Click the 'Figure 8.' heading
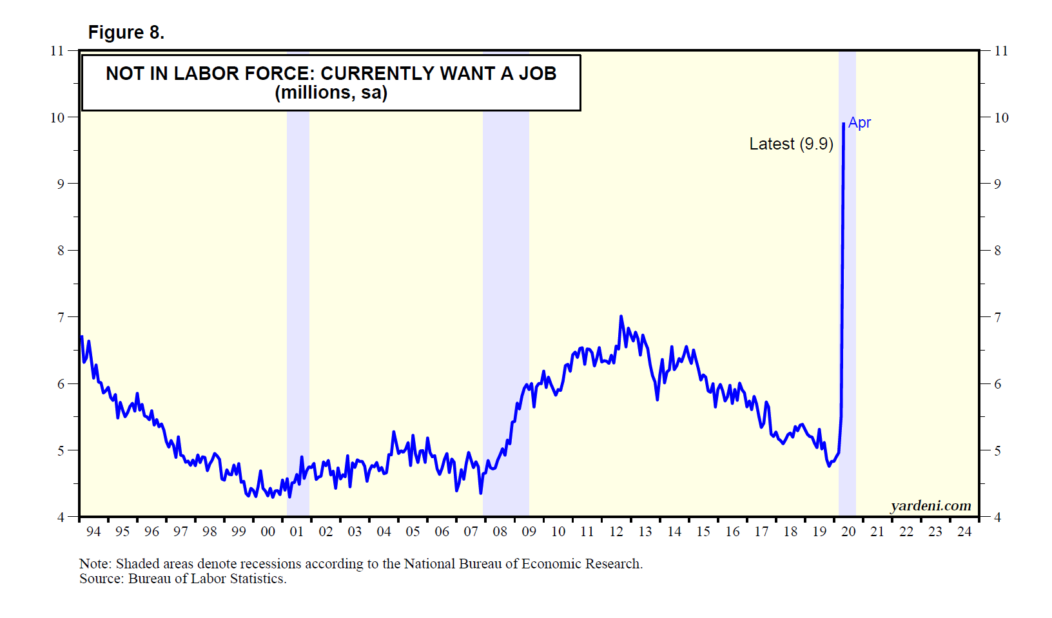pyautogui.click(x=126, y=32)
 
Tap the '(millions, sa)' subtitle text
pyautogui.click(x=331, y=93)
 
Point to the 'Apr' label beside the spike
pyautogui.click(x=859, y=122)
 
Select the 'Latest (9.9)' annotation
pyautogui.click(x=791, y=144)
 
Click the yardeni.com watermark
pyautogui.click(x=930, y=506)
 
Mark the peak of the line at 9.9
pyautogui.click(x=843, y=124)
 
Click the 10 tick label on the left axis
pyautogui.click(x=58, y=117)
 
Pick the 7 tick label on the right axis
pyautogui.click(x=997, y=317)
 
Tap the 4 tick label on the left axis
pyautogui.click(x=61, y=517)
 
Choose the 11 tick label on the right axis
pyautogui.click(x=1001, y=51)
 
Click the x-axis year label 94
pyautogui.click(x=93, y=532)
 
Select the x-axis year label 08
pyautogui.click(x=500, y=532)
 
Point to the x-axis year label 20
pyautogui.click(x=848, y=532)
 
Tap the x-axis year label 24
pyautogui.click(x=964, y=532)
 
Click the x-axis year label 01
pyautogui.click(x=297, y=532)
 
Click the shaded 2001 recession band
pyautogui.click(x=298, y=290)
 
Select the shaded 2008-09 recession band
pyautogui.click(x=506, y=258)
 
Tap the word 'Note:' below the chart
pyautogui.click(x=95, y=564)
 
